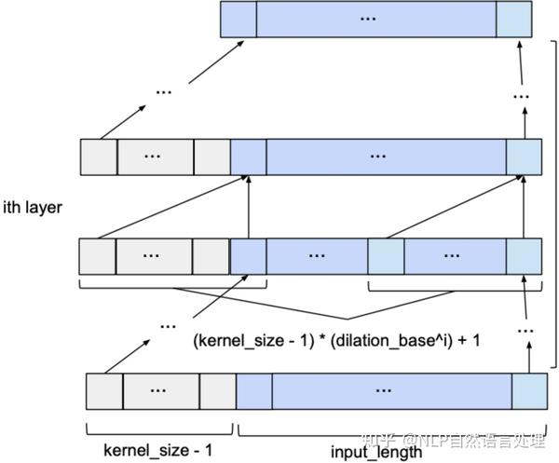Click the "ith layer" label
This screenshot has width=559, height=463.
click(33, 207)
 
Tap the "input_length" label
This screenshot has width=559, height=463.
click(375, 452)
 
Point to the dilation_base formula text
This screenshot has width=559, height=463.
click(337, 341)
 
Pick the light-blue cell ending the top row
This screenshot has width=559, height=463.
click(514, 19)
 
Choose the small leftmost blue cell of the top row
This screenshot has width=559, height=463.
click(238, 19)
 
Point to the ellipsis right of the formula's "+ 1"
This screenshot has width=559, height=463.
click(525, 330)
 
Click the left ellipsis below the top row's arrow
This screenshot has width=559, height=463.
click(164, 91)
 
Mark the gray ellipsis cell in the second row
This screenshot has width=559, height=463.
click(155, 157)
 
